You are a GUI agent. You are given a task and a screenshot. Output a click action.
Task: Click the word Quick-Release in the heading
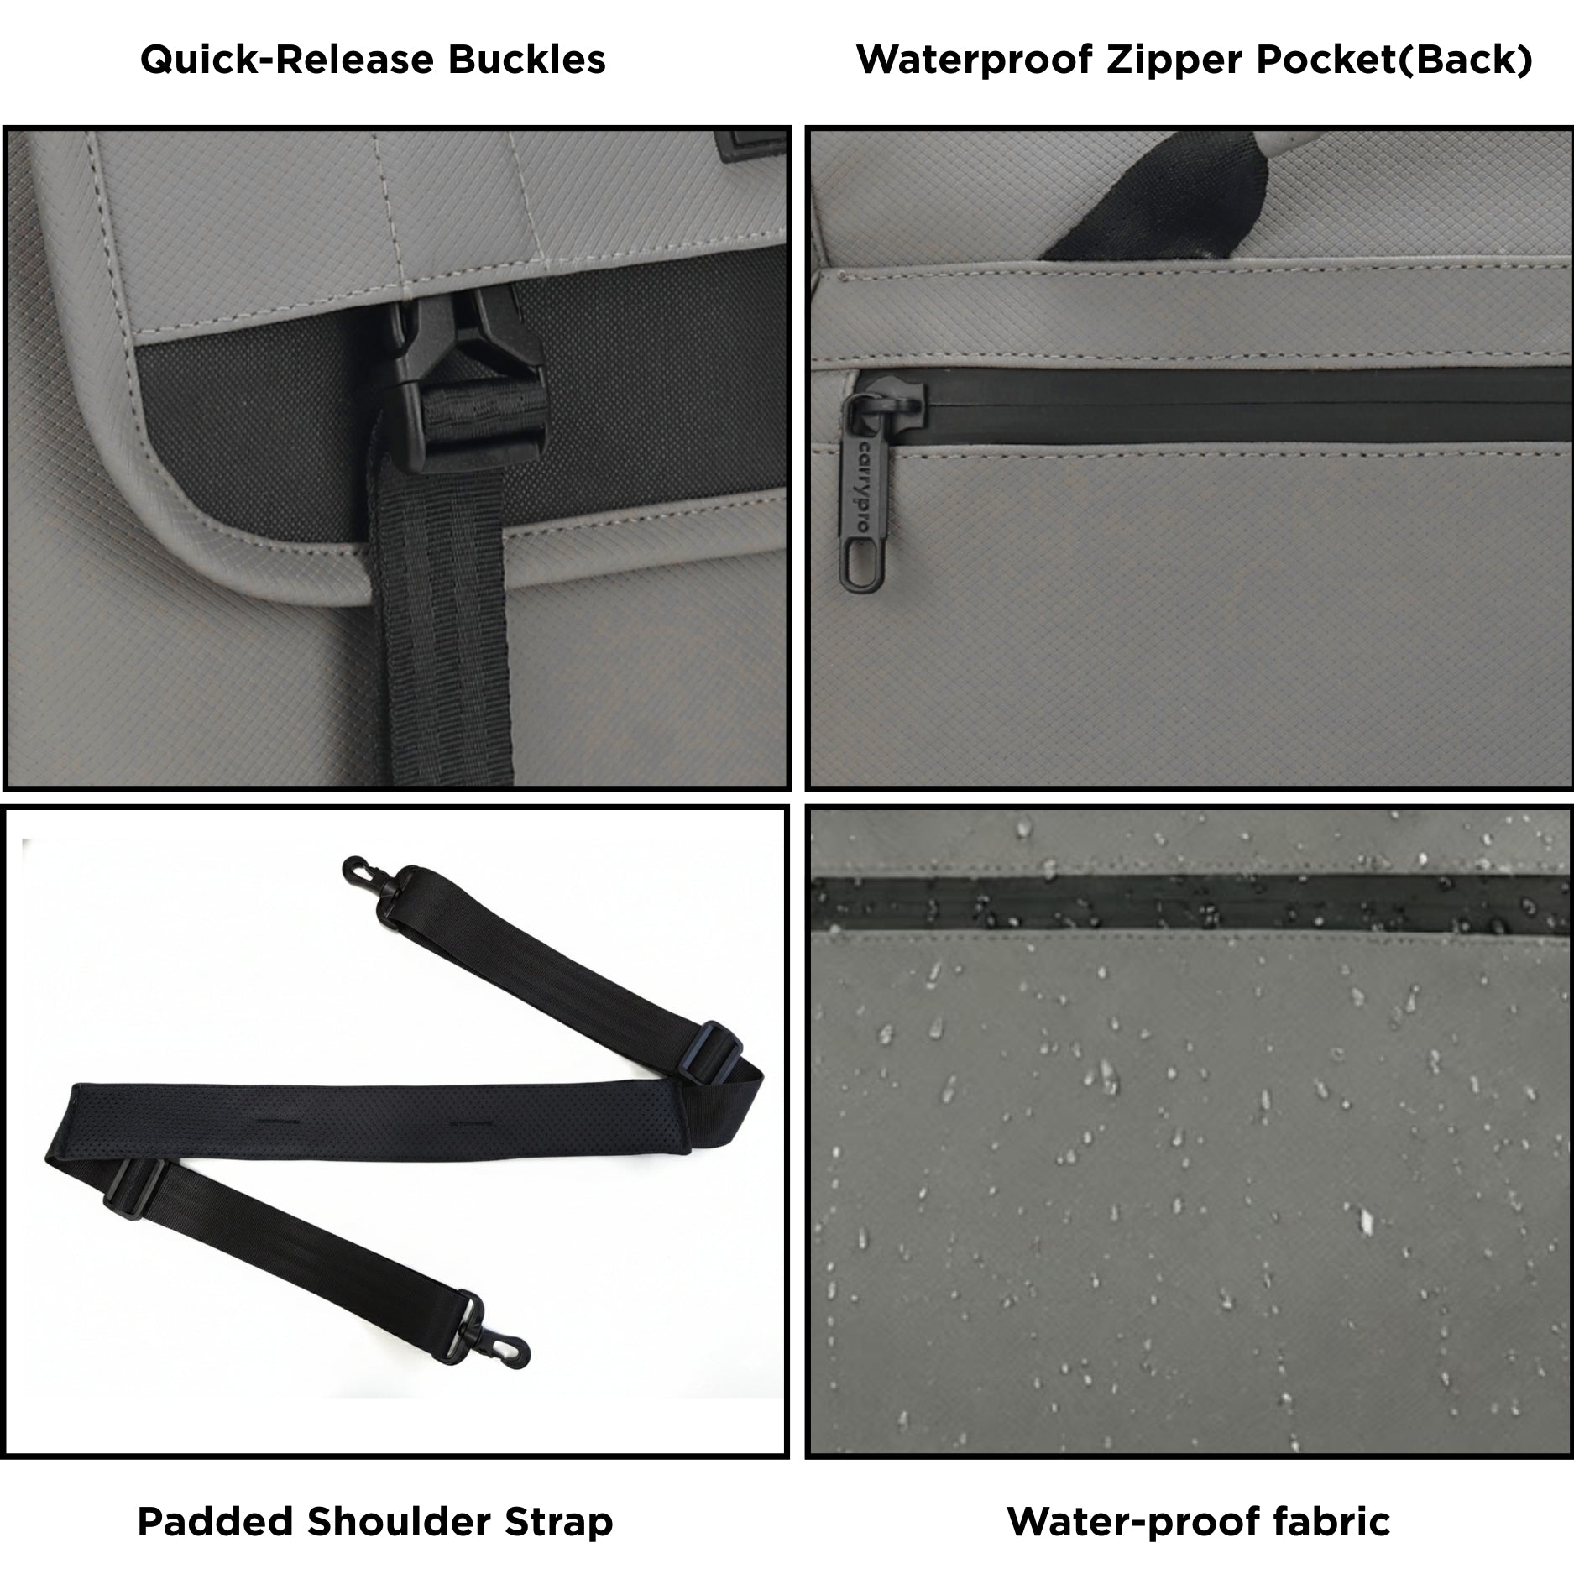[x=288, y=60]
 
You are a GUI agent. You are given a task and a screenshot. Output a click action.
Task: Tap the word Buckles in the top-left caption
[x=527, y=60]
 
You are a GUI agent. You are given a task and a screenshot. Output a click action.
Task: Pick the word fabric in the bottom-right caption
[x=1326, y=1522]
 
